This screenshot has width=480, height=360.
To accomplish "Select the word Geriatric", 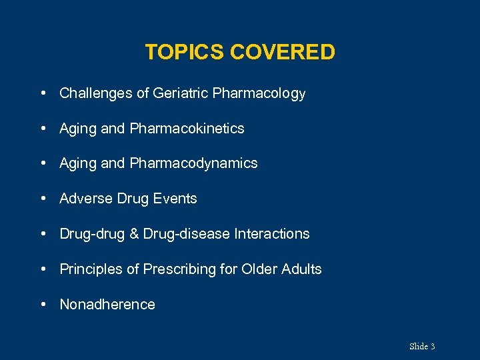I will [x=180, y=93].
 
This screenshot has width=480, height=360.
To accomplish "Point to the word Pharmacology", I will [x=259, y=94].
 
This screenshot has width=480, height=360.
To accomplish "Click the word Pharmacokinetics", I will [x=187, y=129].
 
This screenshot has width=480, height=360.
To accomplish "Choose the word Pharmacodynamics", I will [x=194, y=164].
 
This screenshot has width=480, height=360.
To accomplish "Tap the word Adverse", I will [x=86, y=199].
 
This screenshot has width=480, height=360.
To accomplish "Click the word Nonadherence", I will [x=107, y=305].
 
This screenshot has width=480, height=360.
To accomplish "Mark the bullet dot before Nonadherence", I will [x=43, y=305].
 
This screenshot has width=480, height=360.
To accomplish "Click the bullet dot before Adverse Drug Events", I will [x=43, y=199].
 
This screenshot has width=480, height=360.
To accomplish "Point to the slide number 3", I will [x=433, y=346].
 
